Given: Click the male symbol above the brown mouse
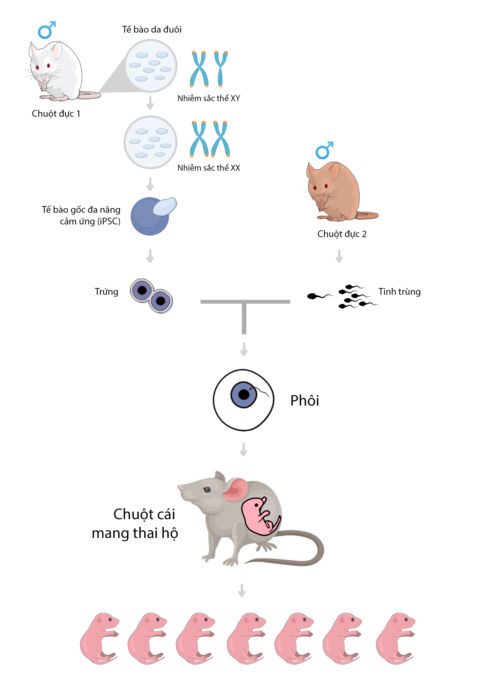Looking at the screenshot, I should point(324,151).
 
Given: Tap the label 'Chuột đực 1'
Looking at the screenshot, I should point(56,114).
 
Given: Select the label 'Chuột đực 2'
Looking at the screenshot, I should point(342,234).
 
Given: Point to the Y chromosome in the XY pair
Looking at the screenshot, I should point(221,69).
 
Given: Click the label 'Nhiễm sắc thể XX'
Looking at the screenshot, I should point(209,168).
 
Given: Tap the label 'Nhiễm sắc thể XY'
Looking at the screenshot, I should point(209,98).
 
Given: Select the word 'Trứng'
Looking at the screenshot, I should point(106,292).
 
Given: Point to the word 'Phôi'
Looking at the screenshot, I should point(304,400).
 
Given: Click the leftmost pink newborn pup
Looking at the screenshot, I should point(99,638).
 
